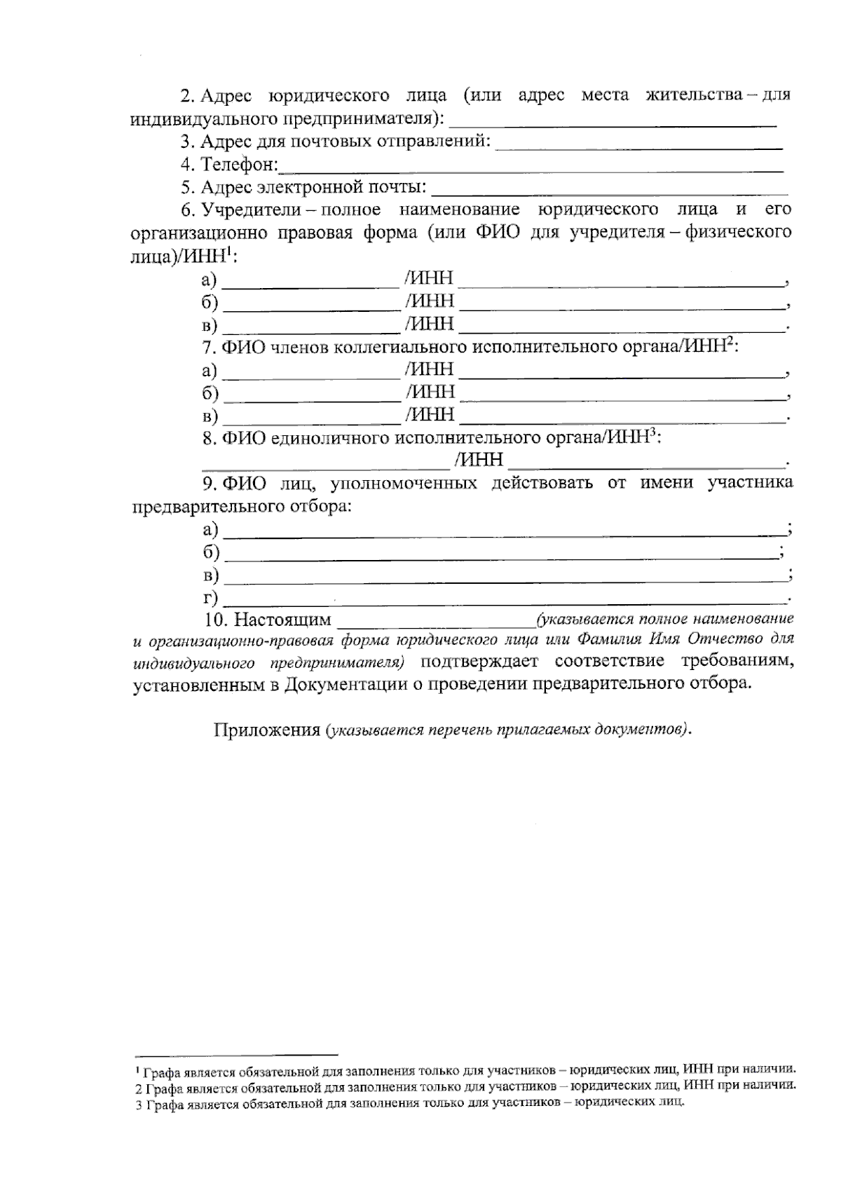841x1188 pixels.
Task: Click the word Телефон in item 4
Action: coord(239,165)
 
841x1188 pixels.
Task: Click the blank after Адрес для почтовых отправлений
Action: coord(638,147)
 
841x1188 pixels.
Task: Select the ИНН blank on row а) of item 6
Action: coord(622,285)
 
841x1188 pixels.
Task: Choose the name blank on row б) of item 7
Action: coord(311,400)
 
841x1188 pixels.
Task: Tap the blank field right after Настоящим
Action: coord(436,624)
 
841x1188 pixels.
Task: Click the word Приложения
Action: coord(266,730)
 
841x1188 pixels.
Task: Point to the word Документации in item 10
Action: coord(343,685)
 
